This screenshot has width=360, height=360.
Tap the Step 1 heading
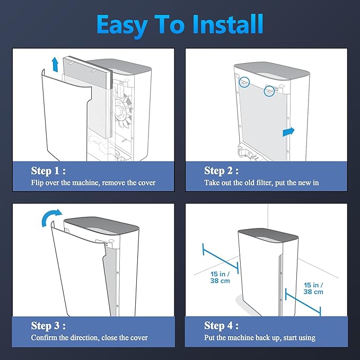tap(48, 171)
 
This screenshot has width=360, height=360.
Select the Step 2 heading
tap(221, 171)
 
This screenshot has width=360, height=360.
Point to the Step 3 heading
tap(48, 326)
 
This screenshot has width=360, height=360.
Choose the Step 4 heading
tap(221, 326)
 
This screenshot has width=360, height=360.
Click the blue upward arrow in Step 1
tap(55, 64)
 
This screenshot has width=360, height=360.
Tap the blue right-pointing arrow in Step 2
tap(288, 132)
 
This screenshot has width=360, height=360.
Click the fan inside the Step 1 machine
tap(123, 110)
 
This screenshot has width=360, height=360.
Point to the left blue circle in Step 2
tap(244, 82)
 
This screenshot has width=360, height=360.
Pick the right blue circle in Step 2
tap(269, 91)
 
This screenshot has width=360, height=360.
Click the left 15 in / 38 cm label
tap(220, 277)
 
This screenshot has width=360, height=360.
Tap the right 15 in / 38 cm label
tap(313, 288)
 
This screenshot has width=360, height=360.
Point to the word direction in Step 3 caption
tap(85, 338)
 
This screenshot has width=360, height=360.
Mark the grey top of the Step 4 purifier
tap(268, 235)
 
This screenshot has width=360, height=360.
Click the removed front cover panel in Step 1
tap(65, 115)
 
